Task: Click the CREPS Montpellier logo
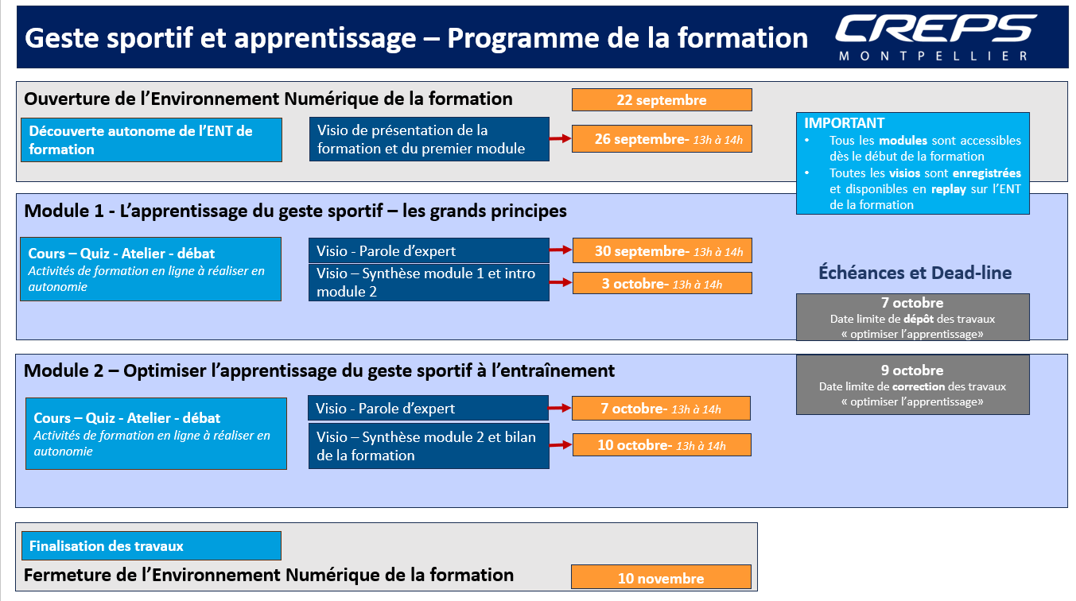tap(935, 37)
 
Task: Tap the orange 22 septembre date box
tap(662, 100)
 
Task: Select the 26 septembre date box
tap(662, 139)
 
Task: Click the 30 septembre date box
tap(662, 250)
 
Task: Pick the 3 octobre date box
tap(662, 283)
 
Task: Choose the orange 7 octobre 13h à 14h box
tap(662, 409)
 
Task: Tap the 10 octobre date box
tap(662, 445)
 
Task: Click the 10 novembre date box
tap(661, 577)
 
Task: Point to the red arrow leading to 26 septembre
tap(561, 139)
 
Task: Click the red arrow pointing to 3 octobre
tap(561, 282)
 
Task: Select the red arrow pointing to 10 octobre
tap(561, 444)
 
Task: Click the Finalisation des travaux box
tap(151, 545)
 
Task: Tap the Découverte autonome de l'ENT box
tap(151, 140)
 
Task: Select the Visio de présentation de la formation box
tap(429, 139)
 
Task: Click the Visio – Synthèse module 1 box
tap(429, 282)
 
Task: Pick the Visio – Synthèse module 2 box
tap(429, 446)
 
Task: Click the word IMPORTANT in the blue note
tap(845, 123)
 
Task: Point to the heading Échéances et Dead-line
tap(915, 273)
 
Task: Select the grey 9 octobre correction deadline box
tap(913, 385)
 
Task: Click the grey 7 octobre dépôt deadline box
tap(913, 317)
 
